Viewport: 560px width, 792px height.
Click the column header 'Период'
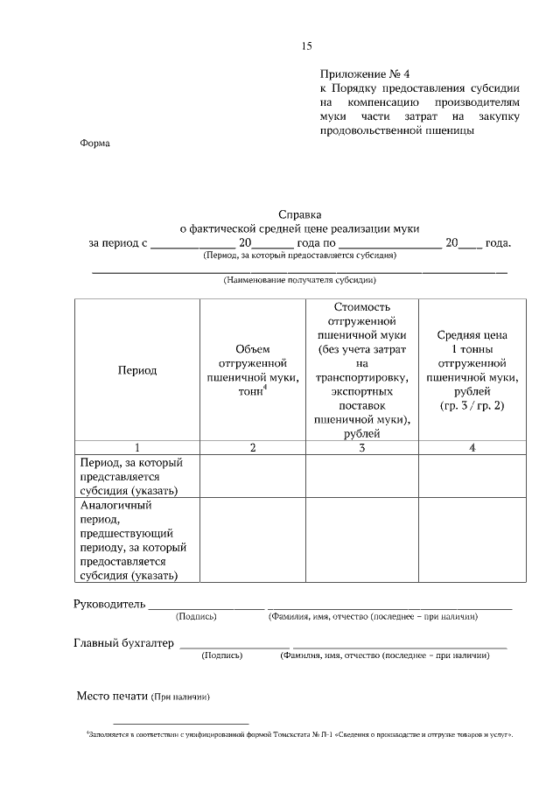[137, 369]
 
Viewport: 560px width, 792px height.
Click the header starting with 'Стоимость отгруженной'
[362, 369]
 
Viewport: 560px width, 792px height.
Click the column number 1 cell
[137, 447]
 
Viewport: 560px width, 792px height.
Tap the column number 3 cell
[362, 447]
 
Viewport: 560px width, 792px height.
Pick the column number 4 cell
[472, 447]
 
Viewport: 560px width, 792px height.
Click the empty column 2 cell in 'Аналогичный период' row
[253, 540]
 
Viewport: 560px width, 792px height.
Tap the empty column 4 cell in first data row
[472, 476]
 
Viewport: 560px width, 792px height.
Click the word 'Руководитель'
[108, 605]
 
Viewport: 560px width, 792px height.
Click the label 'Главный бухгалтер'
[123, 644]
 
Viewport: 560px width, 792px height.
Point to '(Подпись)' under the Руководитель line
[196, 617]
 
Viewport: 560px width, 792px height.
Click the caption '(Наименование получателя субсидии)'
[300, 281]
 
